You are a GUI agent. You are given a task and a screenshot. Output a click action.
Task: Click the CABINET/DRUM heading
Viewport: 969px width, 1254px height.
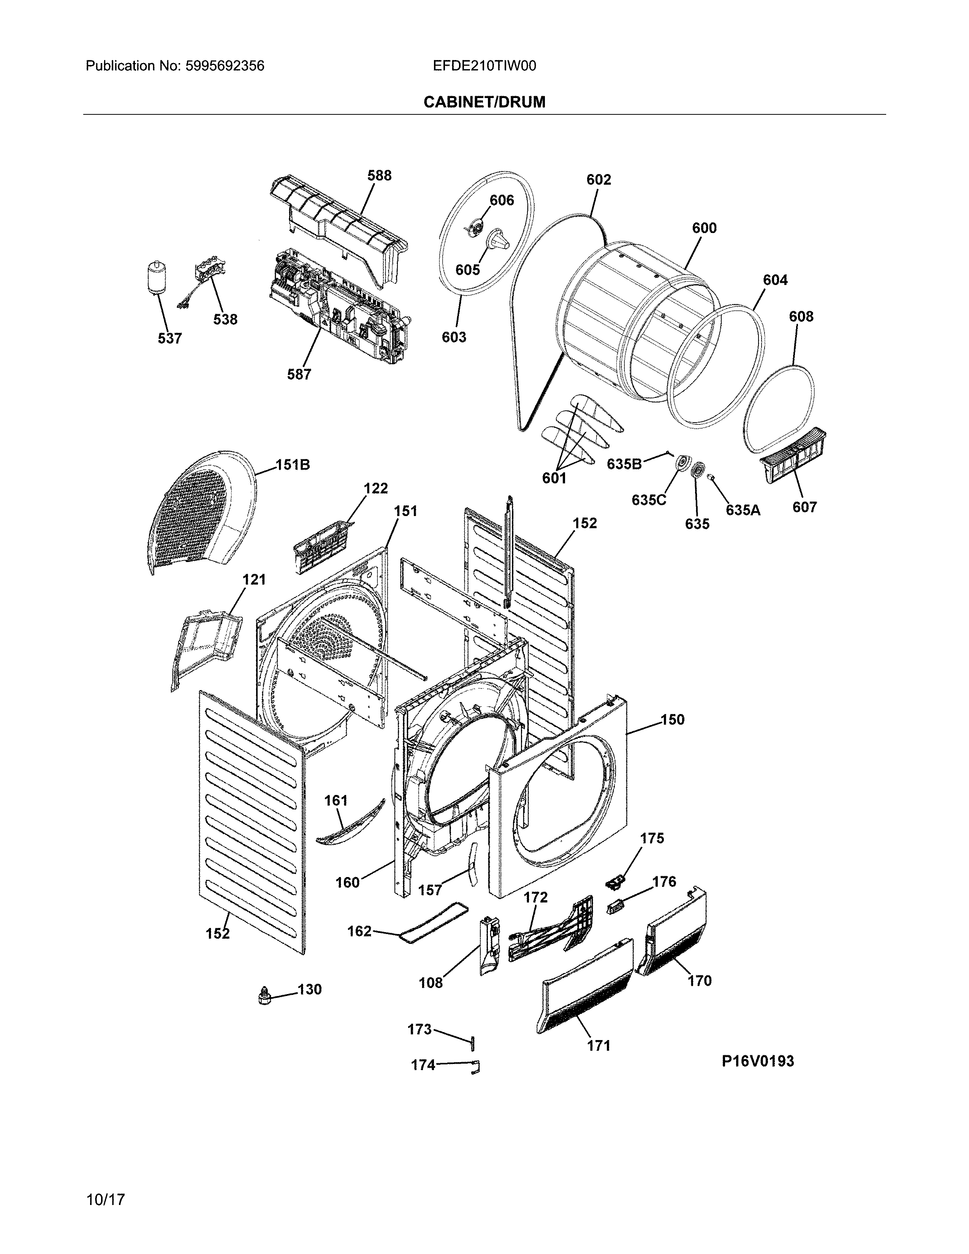pyautogui.click(x=484, y=102)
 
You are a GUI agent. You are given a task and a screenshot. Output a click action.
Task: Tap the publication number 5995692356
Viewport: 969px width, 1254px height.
pyautogui.click(x=225, y=66)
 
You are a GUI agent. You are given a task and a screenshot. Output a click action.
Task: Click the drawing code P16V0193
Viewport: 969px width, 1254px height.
pyautogui.click(x=758, y=1061)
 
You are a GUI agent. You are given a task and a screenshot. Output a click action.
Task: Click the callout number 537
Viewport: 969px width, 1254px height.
pyautogui.click(x=170, y=338)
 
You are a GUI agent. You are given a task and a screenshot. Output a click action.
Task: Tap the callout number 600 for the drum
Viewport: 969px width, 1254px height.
pyautogui.click(x=704, y=228)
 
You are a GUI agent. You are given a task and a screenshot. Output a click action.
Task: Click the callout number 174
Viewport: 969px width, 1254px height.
pyautogui.click(x=423, y=1065)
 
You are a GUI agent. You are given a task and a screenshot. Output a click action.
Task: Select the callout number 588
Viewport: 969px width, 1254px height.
pyautogui.click(x=380, y=175)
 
